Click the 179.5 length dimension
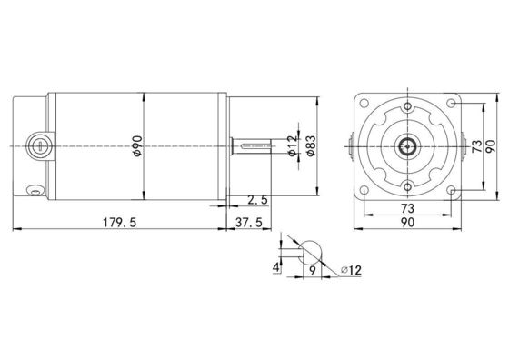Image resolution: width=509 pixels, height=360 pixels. tap(120, 223)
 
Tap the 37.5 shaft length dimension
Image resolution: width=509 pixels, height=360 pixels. tap(249, 223)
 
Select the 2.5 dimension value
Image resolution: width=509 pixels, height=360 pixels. tap(257, 200)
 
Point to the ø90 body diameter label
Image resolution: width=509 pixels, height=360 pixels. tap(137, 145)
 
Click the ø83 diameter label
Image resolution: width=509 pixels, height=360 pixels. tap(311, 145)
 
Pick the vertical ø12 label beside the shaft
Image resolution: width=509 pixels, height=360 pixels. tap(293, 145)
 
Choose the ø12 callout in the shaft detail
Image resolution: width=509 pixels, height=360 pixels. tap(351, 270)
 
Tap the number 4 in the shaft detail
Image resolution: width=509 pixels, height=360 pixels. tap(276, 268)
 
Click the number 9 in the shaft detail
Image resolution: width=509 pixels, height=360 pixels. tap(313, 270)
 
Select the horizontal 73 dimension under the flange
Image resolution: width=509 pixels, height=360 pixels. tap(407, 208)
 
